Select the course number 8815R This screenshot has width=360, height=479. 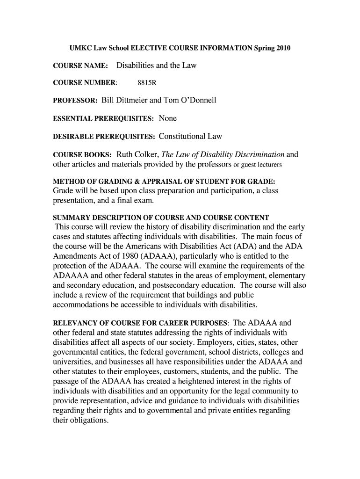click(x=146, y=83)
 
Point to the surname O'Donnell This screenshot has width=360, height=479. click(x=196, y=101)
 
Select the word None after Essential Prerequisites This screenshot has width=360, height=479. click(x=167, y=118)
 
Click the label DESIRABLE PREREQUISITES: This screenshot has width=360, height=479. click(x=104, y=137)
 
